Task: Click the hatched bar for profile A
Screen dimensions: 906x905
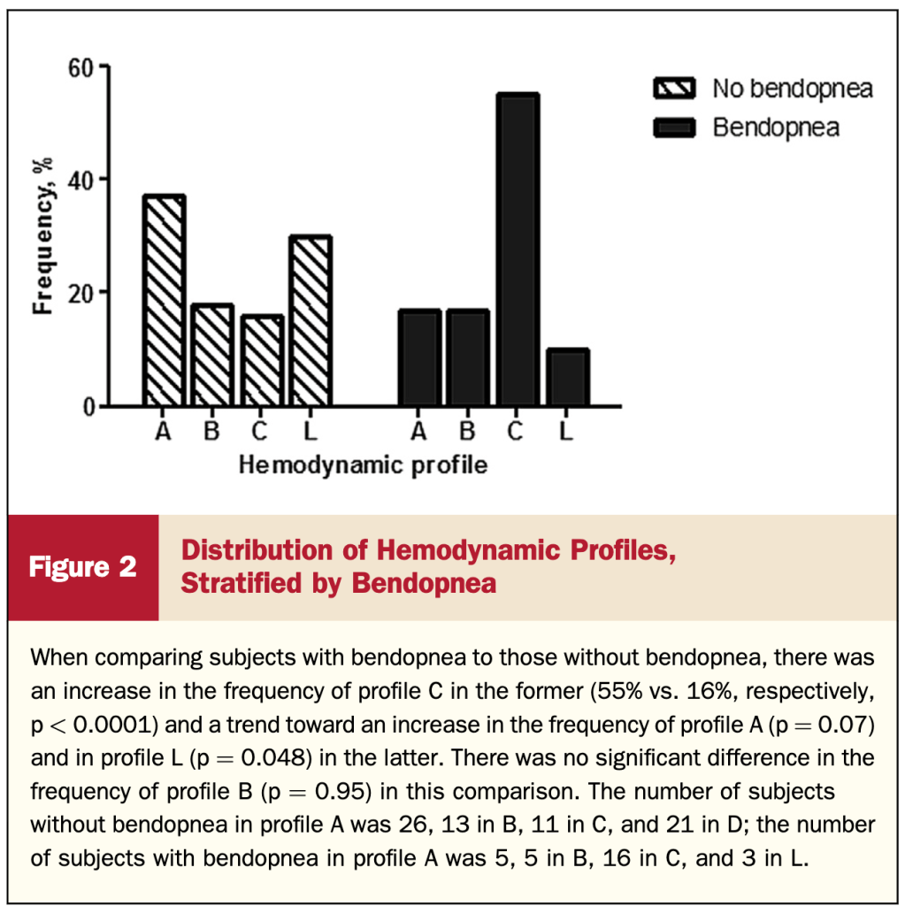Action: click(164, 301)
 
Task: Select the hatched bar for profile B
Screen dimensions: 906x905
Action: click(212, 356)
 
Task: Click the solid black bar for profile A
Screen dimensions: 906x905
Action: click(419, 358)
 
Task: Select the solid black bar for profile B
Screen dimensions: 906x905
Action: click(468, 358)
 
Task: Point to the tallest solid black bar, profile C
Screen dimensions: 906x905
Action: click(518, 250)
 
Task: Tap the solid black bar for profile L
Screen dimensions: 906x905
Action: click(567, 378)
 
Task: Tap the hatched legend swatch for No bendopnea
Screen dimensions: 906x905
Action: click(674, 88)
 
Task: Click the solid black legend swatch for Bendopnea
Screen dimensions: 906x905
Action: click(674, 127)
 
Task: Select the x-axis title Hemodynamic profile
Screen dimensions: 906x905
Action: click(364, 465)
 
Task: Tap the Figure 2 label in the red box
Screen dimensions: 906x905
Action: click(83, 567)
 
